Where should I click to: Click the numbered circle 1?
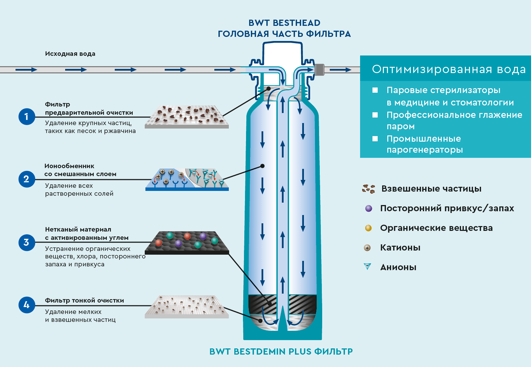(27, 116)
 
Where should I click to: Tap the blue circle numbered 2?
(27, 179)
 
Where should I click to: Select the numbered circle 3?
(27, 242)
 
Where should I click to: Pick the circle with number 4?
(27, 305)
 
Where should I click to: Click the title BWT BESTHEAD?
(284, 23)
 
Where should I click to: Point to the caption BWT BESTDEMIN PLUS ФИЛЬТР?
(281, 351)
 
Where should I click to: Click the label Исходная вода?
(70, 54)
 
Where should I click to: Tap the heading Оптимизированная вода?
(449, 69)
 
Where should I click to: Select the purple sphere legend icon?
(369, 208)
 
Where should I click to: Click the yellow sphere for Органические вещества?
(368, 228)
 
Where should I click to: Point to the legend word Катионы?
(400, 247)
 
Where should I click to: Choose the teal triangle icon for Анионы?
(368, 266)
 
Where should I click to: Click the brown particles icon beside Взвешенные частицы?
(368, 188)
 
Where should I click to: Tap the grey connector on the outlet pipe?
(319, 70)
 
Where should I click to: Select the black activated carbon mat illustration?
(187, 243)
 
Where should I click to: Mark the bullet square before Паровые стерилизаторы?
(375, 90)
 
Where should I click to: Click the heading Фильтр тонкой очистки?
(84, 300)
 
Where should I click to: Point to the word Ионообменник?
(69, 166)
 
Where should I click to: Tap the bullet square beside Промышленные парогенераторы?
(375, 139)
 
